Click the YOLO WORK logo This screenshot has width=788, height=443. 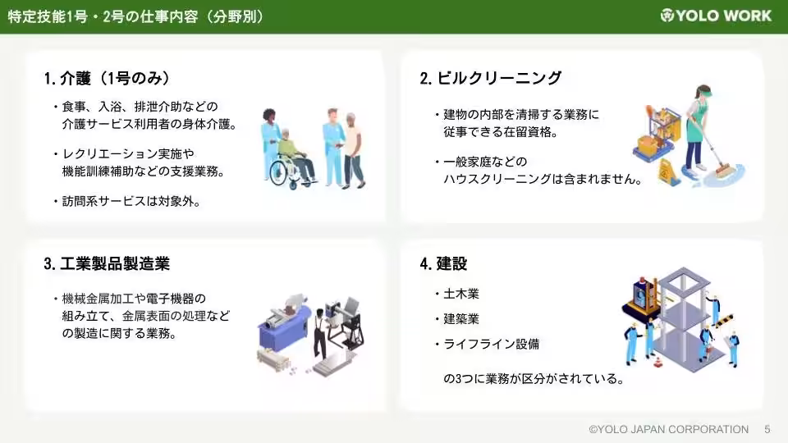pyautogui.click(x=716, y=16)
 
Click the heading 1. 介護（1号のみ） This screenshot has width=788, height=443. pyautogui.click(x=108, y=78)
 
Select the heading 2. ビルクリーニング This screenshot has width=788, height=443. pyautogui.click(x=491, y=78)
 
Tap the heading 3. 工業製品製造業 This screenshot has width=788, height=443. pyautogui.click(x=108, y=263)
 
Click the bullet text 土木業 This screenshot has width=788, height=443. pyautogui.click(x=461, y=293)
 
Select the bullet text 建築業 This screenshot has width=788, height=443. pyautogui.click(x=461, y=318)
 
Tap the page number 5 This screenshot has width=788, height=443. pyautogui.click(x=767, y=429)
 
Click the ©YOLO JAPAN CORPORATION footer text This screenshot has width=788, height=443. pyautogui.click(x=668, y=429)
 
